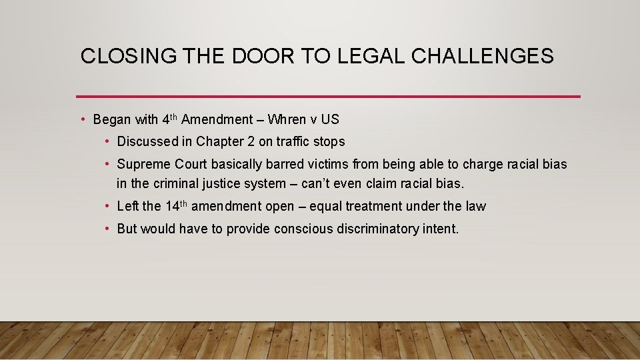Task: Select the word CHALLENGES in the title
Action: (483, 56)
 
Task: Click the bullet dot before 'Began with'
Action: (82, 120)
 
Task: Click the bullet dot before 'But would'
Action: (107, 229)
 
